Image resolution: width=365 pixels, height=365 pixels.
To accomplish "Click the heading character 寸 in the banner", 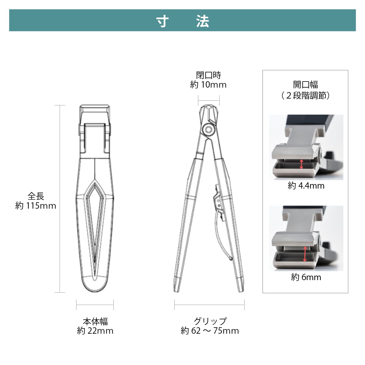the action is pos(162,21).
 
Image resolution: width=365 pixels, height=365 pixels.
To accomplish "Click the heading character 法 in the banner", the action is pos(203,21).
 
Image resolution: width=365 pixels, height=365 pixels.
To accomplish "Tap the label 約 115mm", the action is pos(36,206).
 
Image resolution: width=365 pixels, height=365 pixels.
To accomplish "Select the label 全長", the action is pos(36,196).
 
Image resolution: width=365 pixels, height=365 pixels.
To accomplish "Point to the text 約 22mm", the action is pos(95,331).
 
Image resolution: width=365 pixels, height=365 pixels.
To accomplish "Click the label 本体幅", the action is pos(95,322).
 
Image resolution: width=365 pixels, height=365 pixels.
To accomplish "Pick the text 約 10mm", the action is pos(208,85).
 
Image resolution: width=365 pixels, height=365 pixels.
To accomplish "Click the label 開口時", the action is pos(209,75).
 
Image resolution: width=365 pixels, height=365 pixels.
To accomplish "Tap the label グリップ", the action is pos(210,321).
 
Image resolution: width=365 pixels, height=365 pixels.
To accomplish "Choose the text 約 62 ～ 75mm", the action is pos(210,331).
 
